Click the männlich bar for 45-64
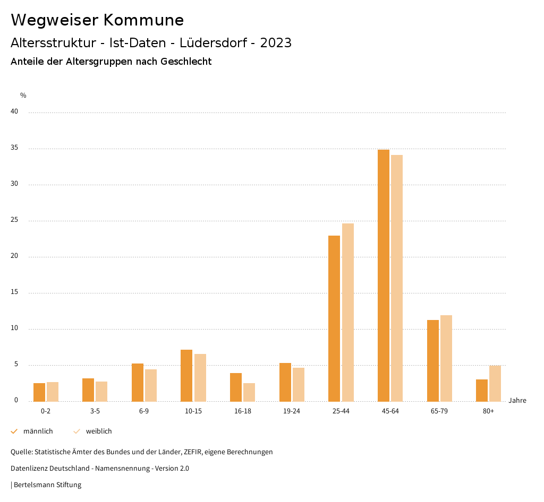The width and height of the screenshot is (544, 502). pos(384,275)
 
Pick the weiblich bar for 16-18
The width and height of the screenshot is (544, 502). pos(249,392)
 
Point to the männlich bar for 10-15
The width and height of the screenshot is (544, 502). pos(186,375)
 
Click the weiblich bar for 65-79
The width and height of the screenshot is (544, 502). pos(446,358)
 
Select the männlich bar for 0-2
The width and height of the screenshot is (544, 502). pos(39,392)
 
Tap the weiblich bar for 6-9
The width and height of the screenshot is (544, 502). pos(151,385)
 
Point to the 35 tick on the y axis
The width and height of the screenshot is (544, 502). pos(14,148)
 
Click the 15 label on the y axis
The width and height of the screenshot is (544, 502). pos(14,292)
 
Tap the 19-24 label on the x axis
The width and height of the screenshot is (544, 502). pos(292,411)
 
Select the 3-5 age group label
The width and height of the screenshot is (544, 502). pos(95,411)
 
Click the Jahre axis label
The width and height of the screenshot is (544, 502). pos(517,401)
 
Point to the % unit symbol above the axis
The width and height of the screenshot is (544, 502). pos(23,96)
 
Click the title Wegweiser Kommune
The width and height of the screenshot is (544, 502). pos(97,20)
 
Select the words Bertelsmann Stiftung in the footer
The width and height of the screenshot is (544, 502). pos(47,485)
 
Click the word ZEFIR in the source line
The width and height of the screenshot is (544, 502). pos(193,452)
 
